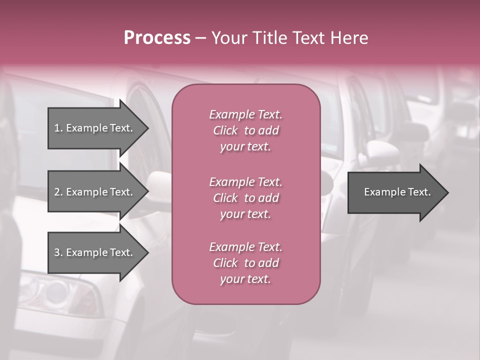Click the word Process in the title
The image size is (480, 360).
point(157,38)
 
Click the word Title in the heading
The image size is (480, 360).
point(268,38)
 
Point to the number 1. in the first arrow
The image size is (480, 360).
point(58,128)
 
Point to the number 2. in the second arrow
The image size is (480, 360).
point(58,192)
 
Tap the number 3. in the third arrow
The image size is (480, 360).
point(58,252)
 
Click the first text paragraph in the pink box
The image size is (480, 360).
point(245,130)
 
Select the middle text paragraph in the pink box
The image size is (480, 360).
point(245,198)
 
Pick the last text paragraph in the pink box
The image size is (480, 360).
point(245,263)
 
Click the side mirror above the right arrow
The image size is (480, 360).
point(380,149)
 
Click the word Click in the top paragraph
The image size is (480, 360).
point(225,130)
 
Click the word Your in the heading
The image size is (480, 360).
point(228,38)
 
